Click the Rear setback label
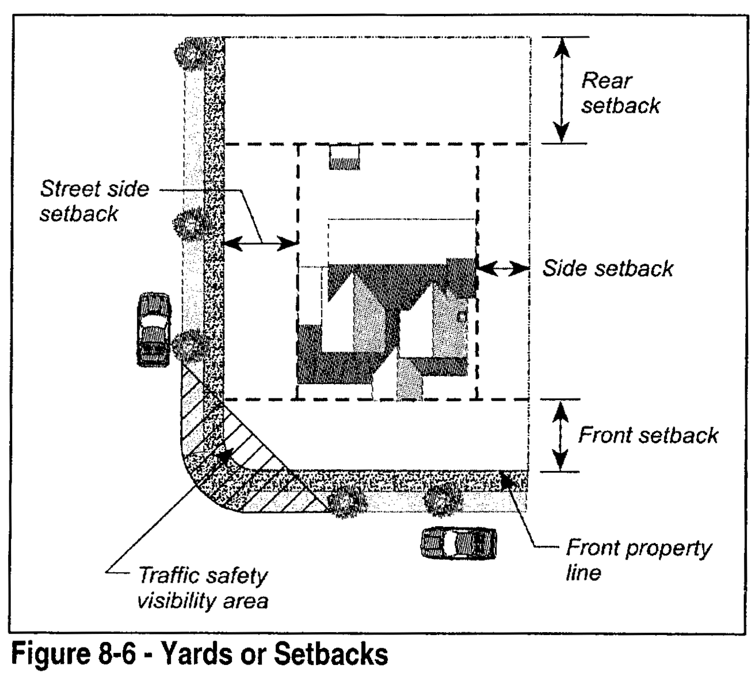click(620, 93)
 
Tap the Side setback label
click(608, 268)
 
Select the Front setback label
click(648, 435)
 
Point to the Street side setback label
click(94, 201)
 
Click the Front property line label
click(639, 560)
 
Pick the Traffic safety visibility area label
click(203, 588)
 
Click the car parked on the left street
click(154, 329)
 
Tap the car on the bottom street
click(459, 543)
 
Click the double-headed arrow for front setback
click(560, 436)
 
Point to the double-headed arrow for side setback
click(503, 268)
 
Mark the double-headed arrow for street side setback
click(259, 244)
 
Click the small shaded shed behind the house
click(344, 157)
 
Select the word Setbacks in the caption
click(330, 655)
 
